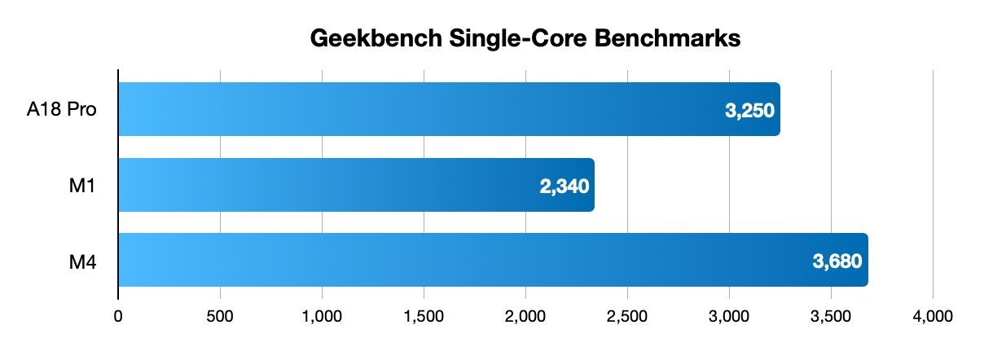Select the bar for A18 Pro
pyautogui.click(x=448, y=109)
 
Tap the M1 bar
pyautogui.click(x=356, y=185)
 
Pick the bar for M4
pyautogui.click(x=493, y=260)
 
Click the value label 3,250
pyautogui.click(x=749, y=111)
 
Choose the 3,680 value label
pyautogui.click(x=837, y=261)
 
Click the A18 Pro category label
pyautogui.click(x=64, y=110)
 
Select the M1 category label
pyautogui.click(x=84, y=185)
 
